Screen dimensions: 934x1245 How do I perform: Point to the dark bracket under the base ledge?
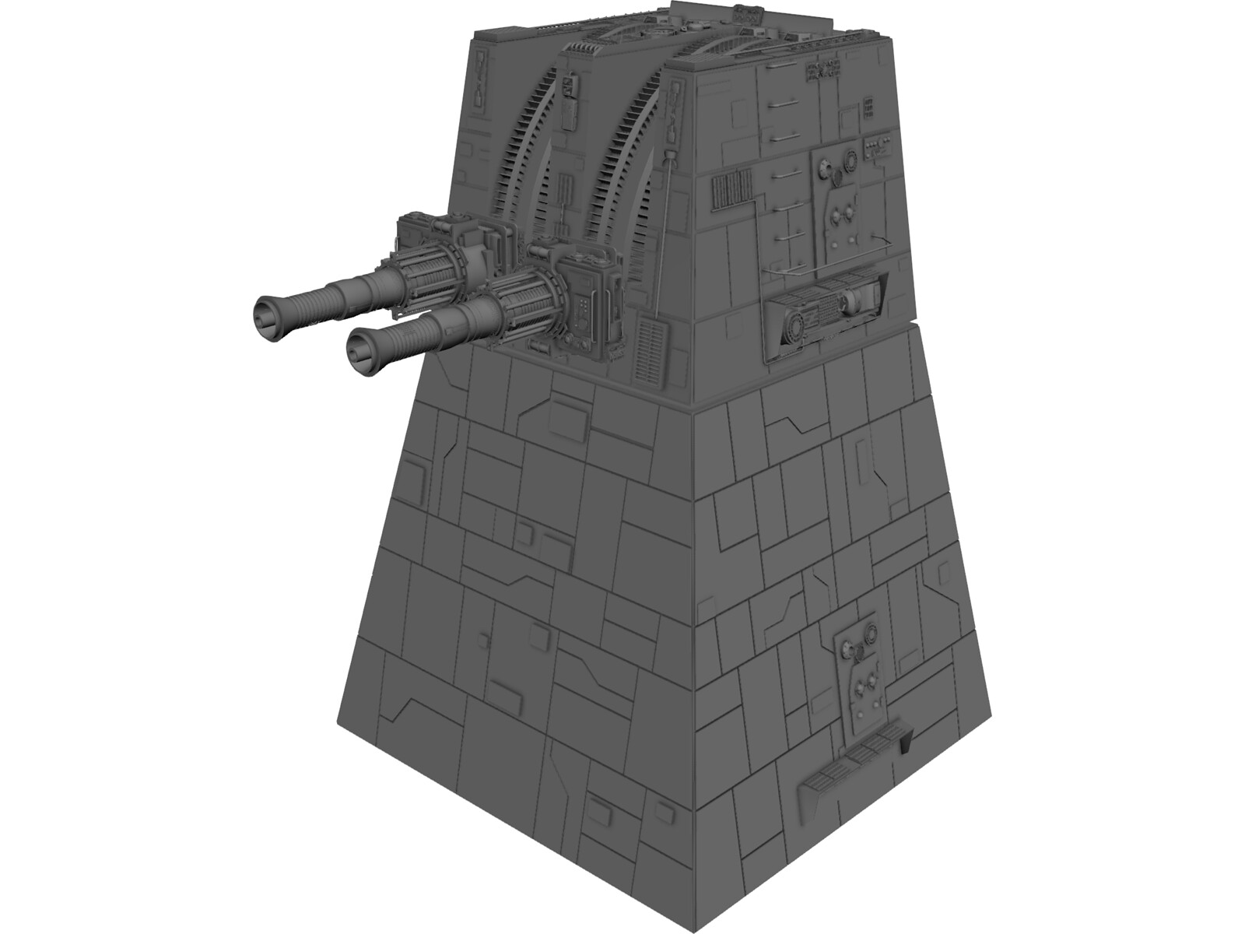pyautogui.click(x=905, y=746)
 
